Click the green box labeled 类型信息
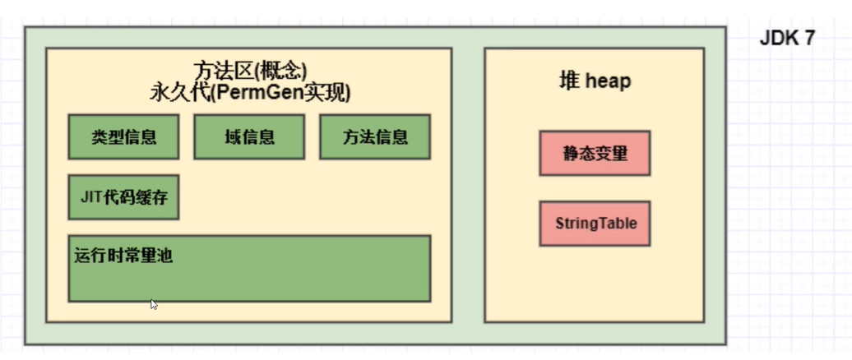(124, 136)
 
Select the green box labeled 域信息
(249, 136)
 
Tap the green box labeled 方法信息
(375, 136)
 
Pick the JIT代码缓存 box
(124, 197)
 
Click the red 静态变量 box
(595, 153)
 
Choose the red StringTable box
(595, 223)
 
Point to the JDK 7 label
(786, 39)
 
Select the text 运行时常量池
(123, 255)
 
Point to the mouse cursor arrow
(154, 304)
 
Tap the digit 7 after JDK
(808, 39)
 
